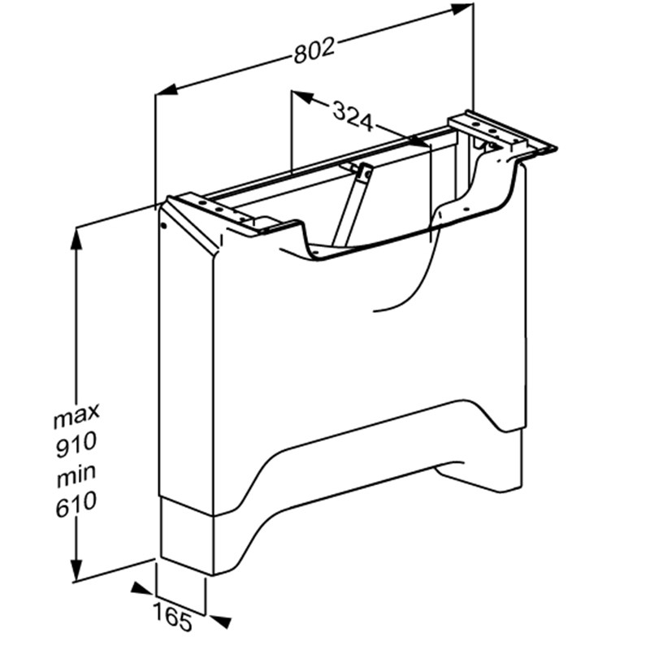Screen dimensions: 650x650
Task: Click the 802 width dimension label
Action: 314,51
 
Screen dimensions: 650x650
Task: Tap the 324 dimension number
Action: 353,116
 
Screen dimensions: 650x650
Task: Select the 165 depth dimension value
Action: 172,618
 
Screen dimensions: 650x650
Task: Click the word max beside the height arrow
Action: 76,414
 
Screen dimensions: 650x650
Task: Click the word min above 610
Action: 76,474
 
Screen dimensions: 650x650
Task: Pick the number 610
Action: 76,504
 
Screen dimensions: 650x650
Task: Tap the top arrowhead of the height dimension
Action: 76,240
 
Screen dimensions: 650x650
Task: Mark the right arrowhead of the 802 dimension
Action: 461,9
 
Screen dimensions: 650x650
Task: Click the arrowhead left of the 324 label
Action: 301,97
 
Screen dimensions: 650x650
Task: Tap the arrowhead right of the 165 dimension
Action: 219,621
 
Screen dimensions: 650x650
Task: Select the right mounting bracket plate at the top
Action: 502,132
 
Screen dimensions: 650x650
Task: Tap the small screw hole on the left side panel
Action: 163,226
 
